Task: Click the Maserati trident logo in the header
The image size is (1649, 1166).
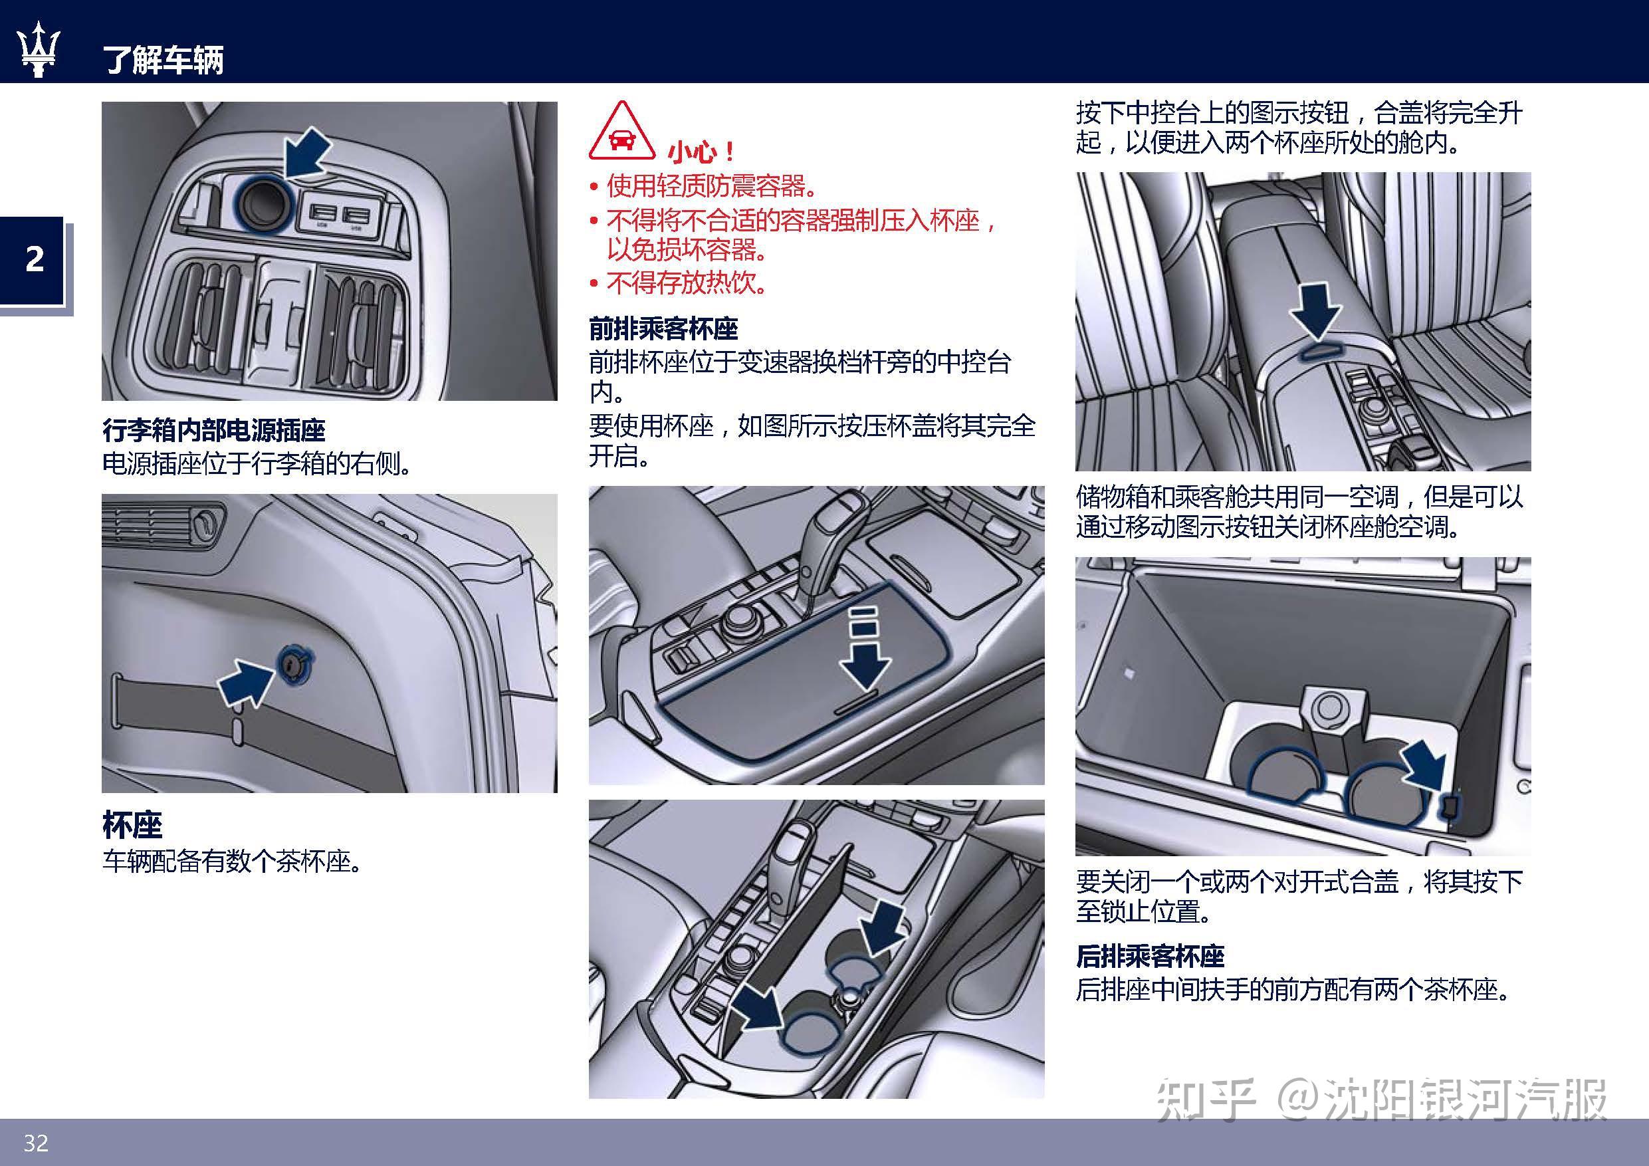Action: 38,49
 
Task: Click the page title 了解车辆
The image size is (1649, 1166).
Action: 163,59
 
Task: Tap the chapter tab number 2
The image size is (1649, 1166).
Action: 35,259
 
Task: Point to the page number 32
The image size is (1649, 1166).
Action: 35,1142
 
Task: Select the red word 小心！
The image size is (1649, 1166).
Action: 701,152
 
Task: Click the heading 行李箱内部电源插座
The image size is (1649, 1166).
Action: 213,430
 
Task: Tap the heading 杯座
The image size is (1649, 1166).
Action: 132,825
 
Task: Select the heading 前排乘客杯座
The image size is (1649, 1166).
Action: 663,329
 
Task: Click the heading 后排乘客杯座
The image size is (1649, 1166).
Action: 1149,956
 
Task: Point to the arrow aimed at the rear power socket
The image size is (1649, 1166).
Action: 307,152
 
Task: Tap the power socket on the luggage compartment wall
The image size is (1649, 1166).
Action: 293,665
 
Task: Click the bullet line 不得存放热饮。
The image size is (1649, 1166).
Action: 686,284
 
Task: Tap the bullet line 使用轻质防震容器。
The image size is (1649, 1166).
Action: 711,187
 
